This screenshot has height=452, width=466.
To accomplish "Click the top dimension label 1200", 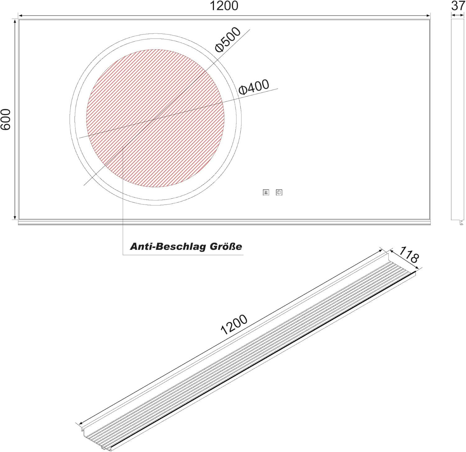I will tap(224, 6).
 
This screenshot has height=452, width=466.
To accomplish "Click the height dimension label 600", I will tap(6, 120).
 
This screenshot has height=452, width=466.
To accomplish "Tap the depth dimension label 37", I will tap(458, 5).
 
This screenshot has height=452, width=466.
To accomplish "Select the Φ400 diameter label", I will tap(254, 87).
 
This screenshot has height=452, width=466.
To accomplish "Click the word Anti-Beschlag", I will tap(168, 247).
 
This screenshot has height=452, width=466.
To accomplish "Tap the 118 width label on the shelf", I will tap(409, 254).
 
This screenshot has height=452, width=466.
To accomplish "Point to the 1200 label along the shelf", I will tap(234, 324).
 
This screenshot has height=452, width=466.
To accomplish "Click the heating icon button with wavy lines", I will tap(266, 193).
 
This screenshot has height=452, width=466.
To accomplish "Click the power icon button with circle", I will tap(279, 193).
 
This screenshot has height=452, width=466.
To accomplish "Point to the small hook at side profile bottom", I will tap(461, 223).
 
